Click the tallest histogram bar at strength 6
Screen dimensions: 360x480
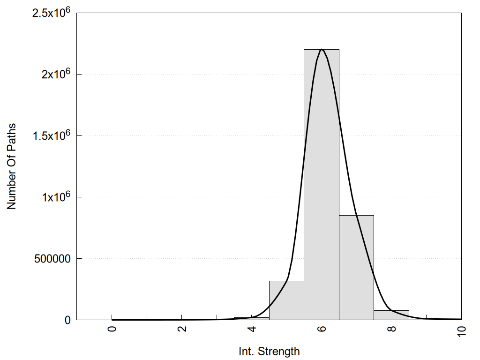click(x=322, y=187)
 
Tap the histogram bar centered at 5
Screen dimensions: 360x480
click(x=286, y=300)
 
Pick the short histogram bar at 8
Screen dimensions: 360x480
click(x=391, y=315)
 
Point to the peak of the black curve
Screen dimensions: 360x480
click(x=322, y=49)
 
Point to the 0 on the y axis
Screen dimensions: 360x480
click(x=67, y=320)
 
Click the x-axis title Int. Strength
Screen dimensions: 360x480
click(x=269, y=351)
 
